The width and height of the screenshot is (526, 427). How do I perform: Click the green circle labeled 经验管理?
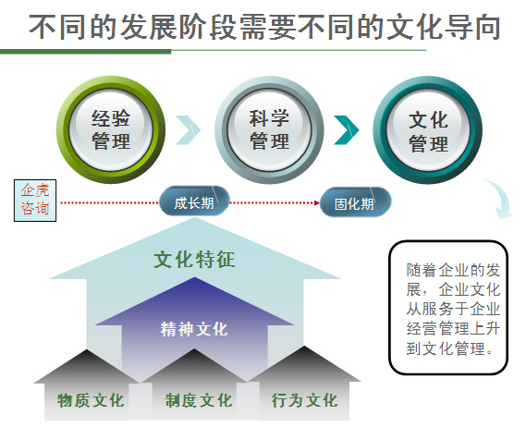point(111,129)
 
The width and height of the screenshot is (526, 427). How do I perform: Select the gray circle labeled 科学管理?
point(269,129)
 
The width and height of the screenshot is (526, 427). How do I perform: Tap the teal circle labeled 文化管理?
point(428,130)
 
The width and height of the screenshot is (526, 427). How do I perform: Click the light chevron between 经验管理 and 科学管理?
point(189,129)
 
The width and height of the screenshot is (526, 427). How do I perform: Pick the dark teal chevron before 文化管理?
point(347,129)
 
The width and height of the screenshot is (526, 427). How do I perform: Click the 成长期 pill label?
point(194,201)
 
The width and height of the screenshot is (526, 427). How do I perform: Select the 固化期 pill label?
point(355,202)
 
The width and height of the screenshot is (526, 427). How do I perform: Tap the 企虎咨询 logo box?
point(35,201)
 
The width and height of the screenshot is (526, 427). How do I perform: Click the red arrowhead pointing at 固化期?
point(317,202)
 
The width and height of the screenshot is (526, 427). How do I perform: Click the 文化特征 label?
point(194,259)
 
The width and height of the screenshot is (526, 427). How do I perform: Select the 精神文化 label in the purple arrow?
point(194,329)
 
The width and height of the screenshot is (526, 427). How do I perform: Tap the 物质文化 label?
point(91,400)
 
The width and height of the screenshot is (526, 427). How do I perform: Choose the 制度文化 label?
point(199,400)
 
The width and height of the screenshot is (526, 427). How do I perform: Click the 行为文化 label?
point(304,400)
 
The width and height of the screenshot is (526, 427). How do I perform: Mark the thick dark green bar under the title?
point(86,52)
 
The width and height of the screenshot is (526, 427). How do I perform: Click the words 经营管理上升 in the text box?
point(453,328)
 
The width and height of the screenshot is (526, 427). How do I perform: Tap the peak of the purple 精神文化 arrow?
point(194,277)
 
